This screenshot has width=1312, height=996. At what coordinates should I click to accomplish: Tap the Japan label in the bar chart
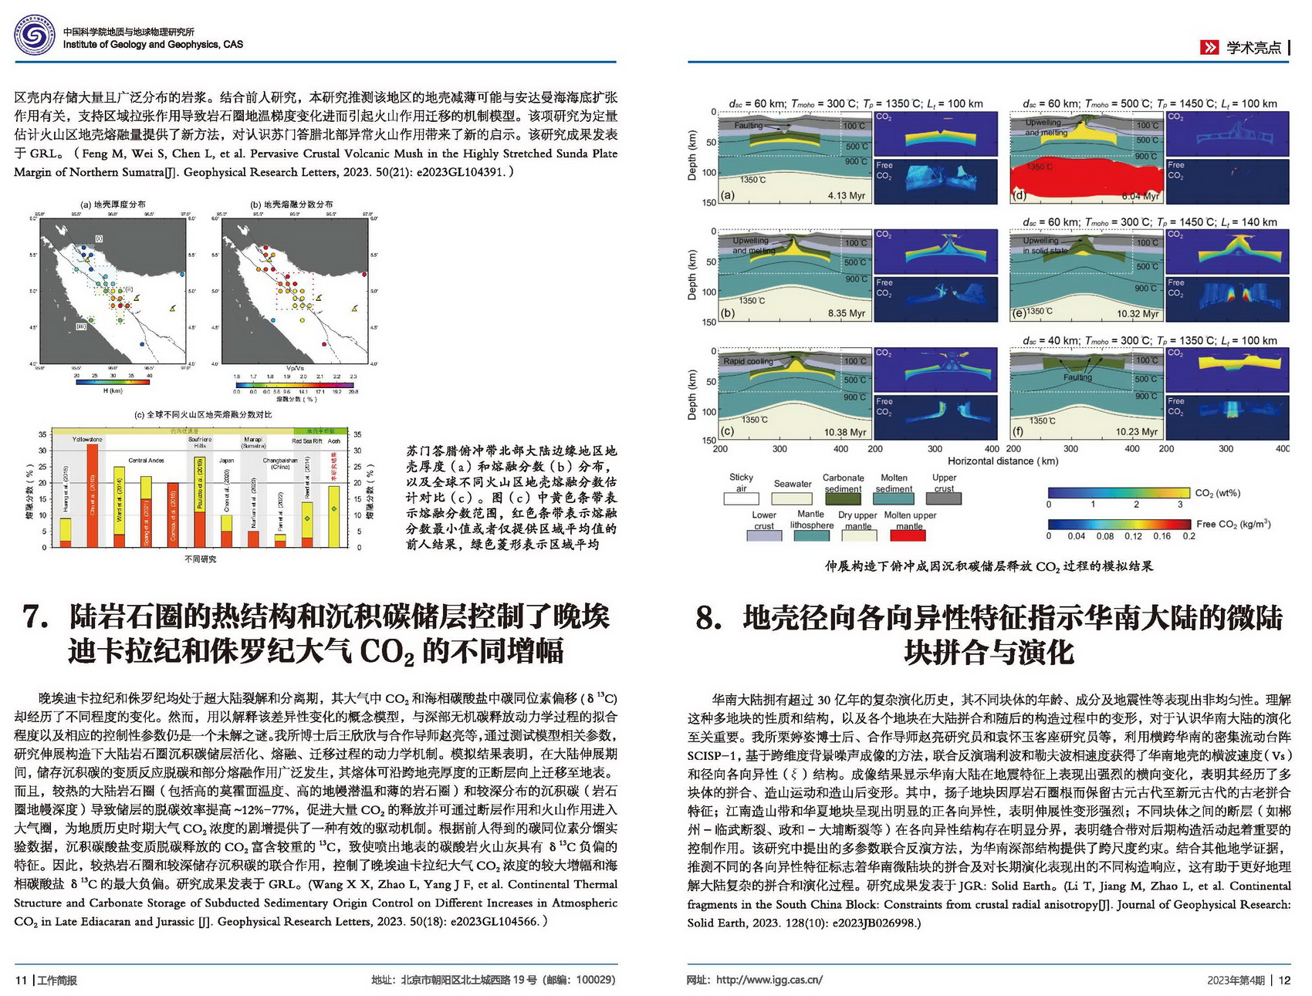[226, 461]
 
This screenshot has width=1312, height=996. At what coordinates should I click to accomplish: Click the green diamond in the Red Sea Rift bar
[307, 518]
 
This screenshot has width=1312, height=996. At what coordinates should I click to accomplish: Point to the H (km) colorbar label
[113, 390]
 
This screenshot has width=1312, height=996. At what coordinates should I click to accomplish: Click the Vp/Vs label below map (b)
[295, 368]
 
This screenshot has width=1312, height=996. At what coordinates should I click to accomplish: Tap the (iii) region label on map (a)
[81, 326]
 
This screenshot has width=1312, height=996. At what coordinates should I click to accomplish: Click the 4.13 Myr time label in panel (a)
[846, 195]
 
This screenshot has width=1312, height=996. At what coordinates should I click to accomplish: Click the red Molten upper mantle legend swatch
[908, 535]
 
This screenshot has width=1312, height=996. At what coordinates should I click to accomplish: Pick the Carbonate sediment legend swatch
[843, 498]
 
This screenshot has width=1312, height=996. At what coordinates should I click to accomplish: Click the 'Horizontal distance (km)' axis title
[1003, 461]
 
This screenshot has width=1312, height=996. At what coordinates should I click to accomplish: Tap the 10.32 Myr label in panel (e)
[1138, 314]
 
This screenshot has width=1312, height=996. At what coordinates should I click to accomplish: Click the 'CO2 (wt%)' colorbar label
[1217, 493]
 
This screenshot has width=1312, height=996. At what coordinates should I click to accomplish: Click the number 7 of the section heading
[36, 617]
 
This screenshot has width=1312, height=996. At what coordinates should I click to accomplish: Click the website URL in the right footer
[769, 980]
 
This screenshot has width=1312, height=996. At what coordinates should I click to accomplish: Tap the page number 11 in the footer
[21, 980]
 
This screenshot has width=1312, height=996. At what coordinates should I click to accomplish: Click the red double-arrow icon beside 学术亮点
[1209, 47]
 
